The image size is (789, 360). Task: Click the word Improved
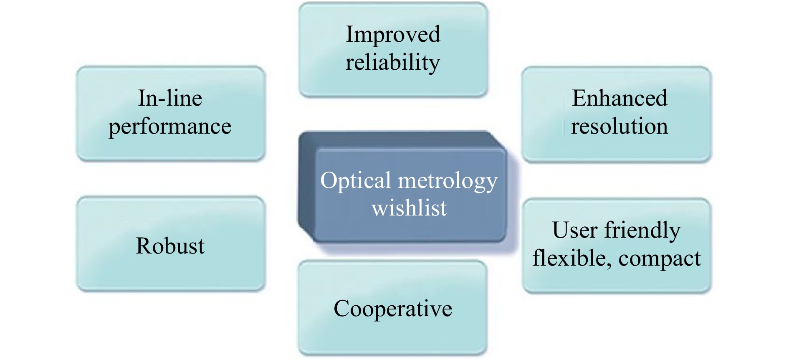pyautogui.click(x=393, y=35)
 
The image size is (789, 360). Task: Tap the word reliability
pyautogui.click(x=393, y=63)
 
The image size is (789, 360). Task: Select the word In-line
pyautogui.click(x=170, y=99)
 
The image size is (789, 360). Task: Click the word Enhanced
pyautogui.click(x=620, y=99)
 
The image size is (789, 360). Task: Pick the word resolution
pyautogui.click(x=620, y=126)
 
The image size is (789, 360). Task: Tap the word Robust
pyautogui.click(x=170, y=246)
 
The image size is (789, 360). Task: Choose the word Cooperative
pyautogui.click(x=393, y=309)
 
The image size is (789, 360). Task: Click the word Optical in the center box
pyautogui.click(x=356, y=181)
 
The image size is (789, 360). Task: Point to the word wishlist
pyautogui.click(x=409, y=208)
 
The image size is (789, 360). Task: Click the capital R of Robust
pyautogui.click(x=143, y=246)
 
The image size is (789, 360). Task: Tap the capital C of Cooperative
pyautogui.click(x=342, y=309)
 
